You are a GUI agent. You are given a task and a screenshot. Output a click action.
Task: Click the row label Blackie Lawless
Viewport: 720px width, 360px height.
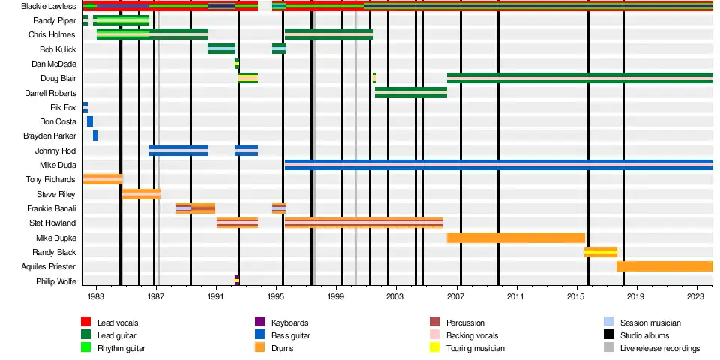click(x=49, y=6)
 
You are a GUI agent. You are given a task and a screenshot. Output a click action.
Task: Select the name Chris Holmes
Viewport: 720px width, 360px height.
click(x=52, y=34)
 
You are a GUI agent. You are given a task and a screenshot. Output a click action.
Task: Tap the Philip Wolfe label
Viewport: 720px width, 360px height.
click(x=56, y=281)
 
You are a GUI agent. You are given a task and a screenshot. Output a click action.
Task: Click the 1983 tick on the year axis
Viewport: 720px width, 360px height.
click(x=96, y=297)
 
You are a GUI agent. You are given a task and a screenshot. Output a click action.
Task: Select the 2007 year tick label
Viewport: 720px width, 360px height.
click(x=455, y=297)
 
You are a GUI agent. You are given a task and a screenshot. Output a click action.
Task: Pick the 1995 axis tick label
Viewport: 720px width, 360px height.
click(x=276, y=297)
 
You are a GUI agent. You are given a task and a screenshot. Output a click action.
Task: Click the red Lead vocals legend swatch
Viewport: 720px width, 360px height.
click(x=85, y=322)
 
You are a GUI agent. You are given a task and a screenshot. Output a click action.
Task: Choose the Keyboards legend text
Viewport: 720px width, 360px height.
click(x=290, y=322)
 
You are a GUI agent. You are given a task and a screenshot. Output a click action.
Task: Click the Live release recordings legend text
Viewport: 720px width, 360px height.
click(x=660, y=348)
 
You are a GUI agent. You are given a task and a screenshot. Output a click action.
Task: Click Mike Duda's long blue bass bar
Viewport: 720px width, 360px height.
click(x=499, y=165)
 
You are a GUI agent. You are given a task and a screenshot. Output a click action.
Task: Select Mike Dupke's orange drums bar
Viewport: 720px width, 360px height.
click(x=516, y=238)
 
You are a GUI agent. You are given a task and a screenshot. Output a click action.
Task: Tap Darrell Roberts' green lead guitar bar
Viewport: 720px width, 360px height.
click(x=411, y=92)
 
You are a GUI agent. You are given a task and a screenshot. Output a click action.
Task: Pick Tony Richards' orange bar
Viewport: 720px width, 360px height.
click(x=103, y=179)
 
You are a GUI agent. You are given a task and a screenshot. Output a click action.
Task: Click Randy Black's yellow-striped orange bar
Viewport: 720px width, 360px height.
click(x=601, y=252)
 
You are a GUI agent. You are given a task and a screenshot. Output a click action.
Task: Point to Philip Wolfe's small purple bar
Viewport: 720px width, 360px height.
click(x=237, y=280)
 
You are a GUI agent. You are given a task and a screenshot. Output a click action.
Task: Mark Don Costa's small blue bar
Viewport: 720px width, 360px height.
click(x=90, y=121)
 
